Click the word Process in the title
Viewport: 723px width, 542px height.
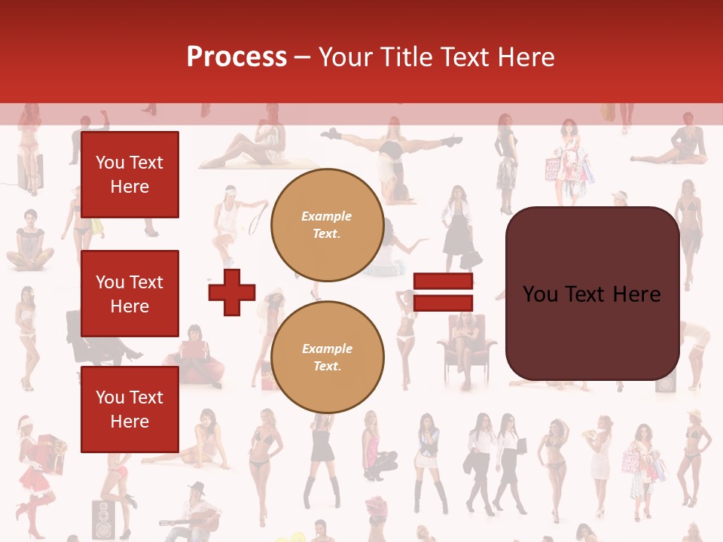[x=236, y=57]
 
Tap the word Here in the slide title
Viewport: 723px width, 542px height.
[x=522, y=57]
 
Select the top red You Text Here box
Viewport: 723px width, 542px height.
[x=130, y=175]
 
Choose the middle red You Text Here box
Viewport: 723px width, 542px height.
[x=130, y=294]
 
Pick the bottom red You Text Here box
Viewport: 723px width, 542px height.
[x=130, y=410]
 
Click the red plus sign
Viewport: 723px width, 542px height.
[x=232, y=292]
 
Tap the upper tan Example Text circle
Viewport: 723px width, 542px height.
[x=327, y=225]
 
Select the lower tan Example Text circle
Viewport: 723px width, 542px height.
[x=327, y=358]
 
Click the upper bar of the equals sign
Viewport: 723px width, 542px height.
[x=443, y=282]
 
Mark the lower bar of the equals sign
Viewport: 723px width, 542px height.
[x=443, y=303]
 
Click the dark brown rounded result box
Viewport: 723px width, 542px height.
[x=592, y=294]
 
